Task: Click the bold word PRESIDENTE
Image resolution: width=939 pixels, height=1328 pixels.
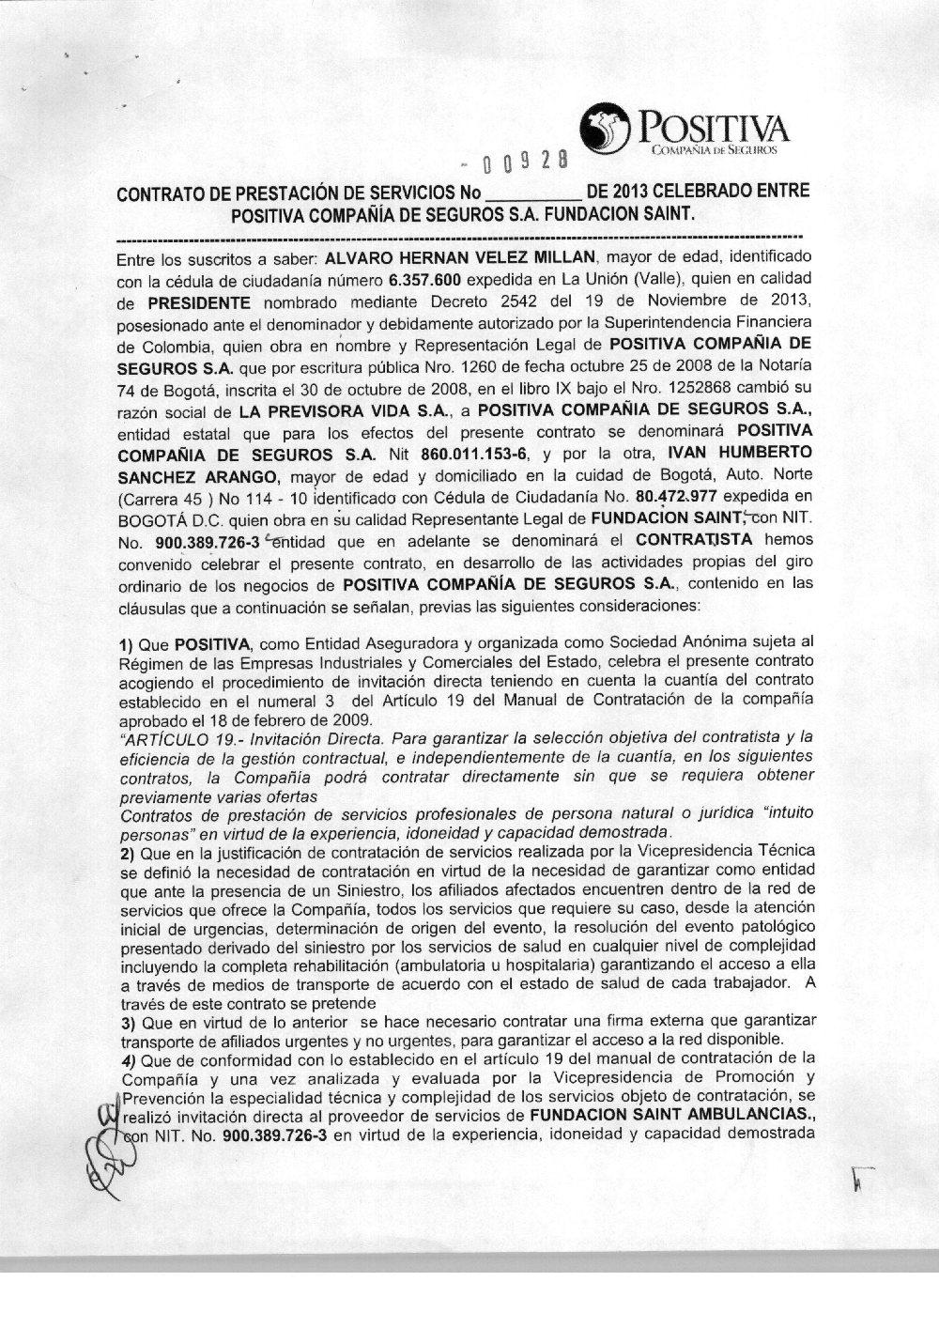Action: pyautogui.click(x=198, y=303)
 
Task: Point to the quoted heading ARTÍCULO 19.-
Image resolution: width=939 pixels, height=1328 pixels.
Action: pyautogui.click(x=170, y=739)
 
